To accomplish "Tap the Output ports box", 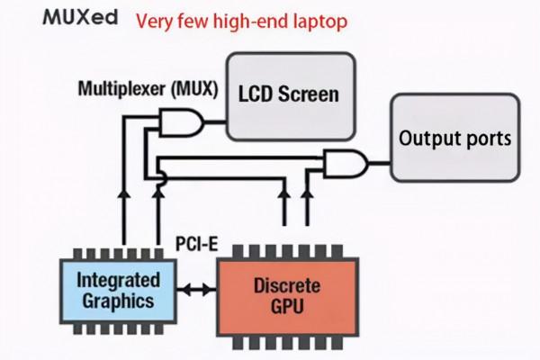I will [x=455, y=139].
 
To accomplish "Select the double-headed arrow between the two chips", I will [x=195, y=291].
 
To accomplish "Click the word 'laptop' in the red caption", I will [x=314, y=19].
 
